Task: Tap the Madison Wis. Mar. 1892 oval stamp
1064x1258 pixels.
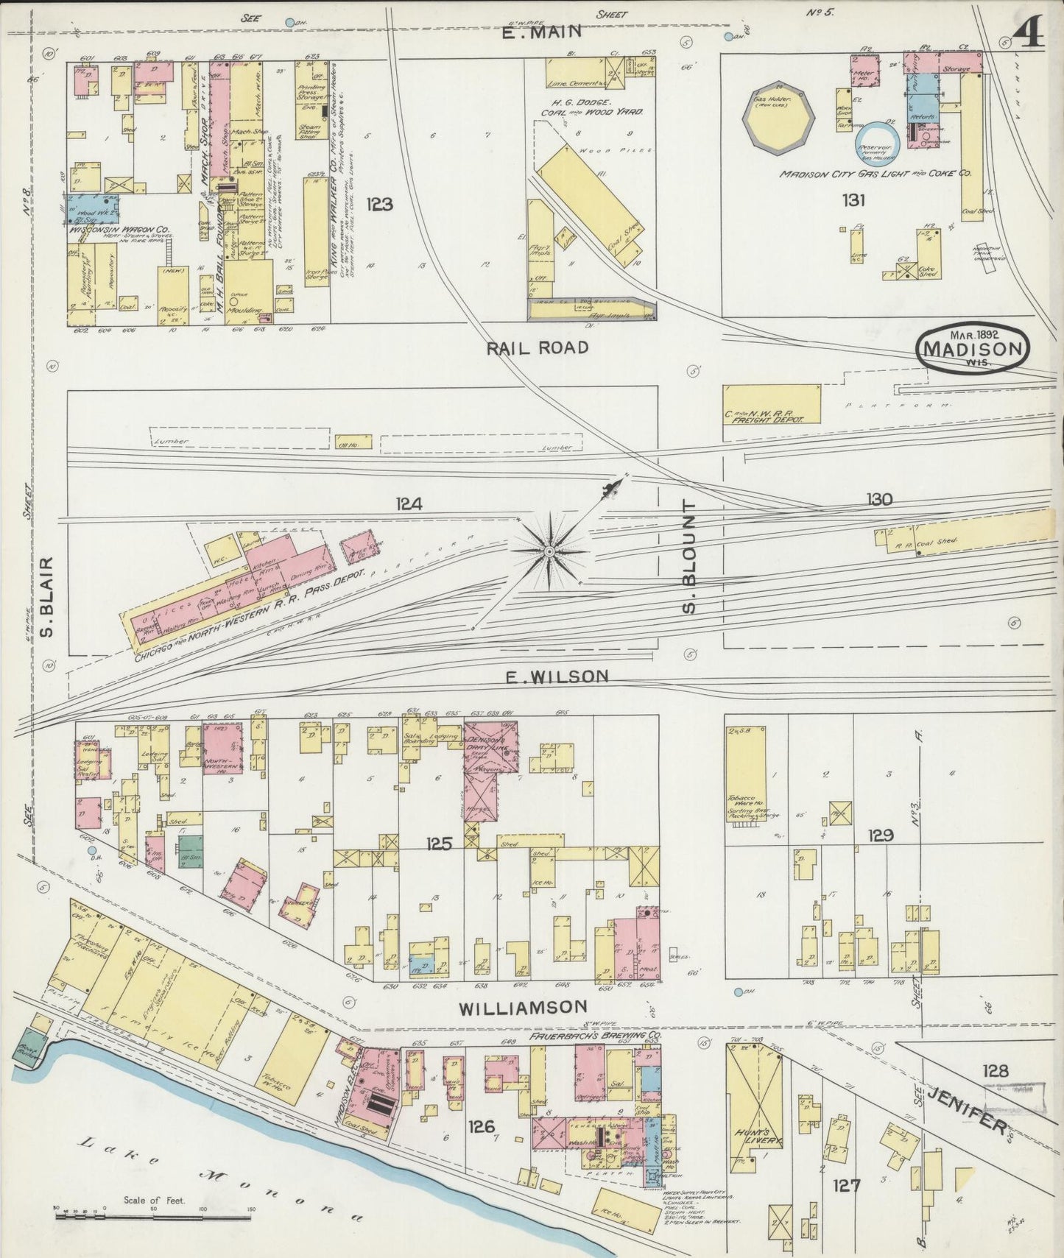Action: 973,346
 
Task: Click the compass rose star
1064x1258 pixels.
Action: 549,551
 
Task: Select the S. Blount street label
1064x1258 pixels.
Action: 689,556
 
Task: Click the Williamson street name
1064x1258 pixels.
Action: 523,1007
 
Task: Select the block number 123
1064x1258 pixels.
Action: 378,205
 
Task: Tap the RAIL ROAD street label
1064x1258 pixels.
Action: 538,347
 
